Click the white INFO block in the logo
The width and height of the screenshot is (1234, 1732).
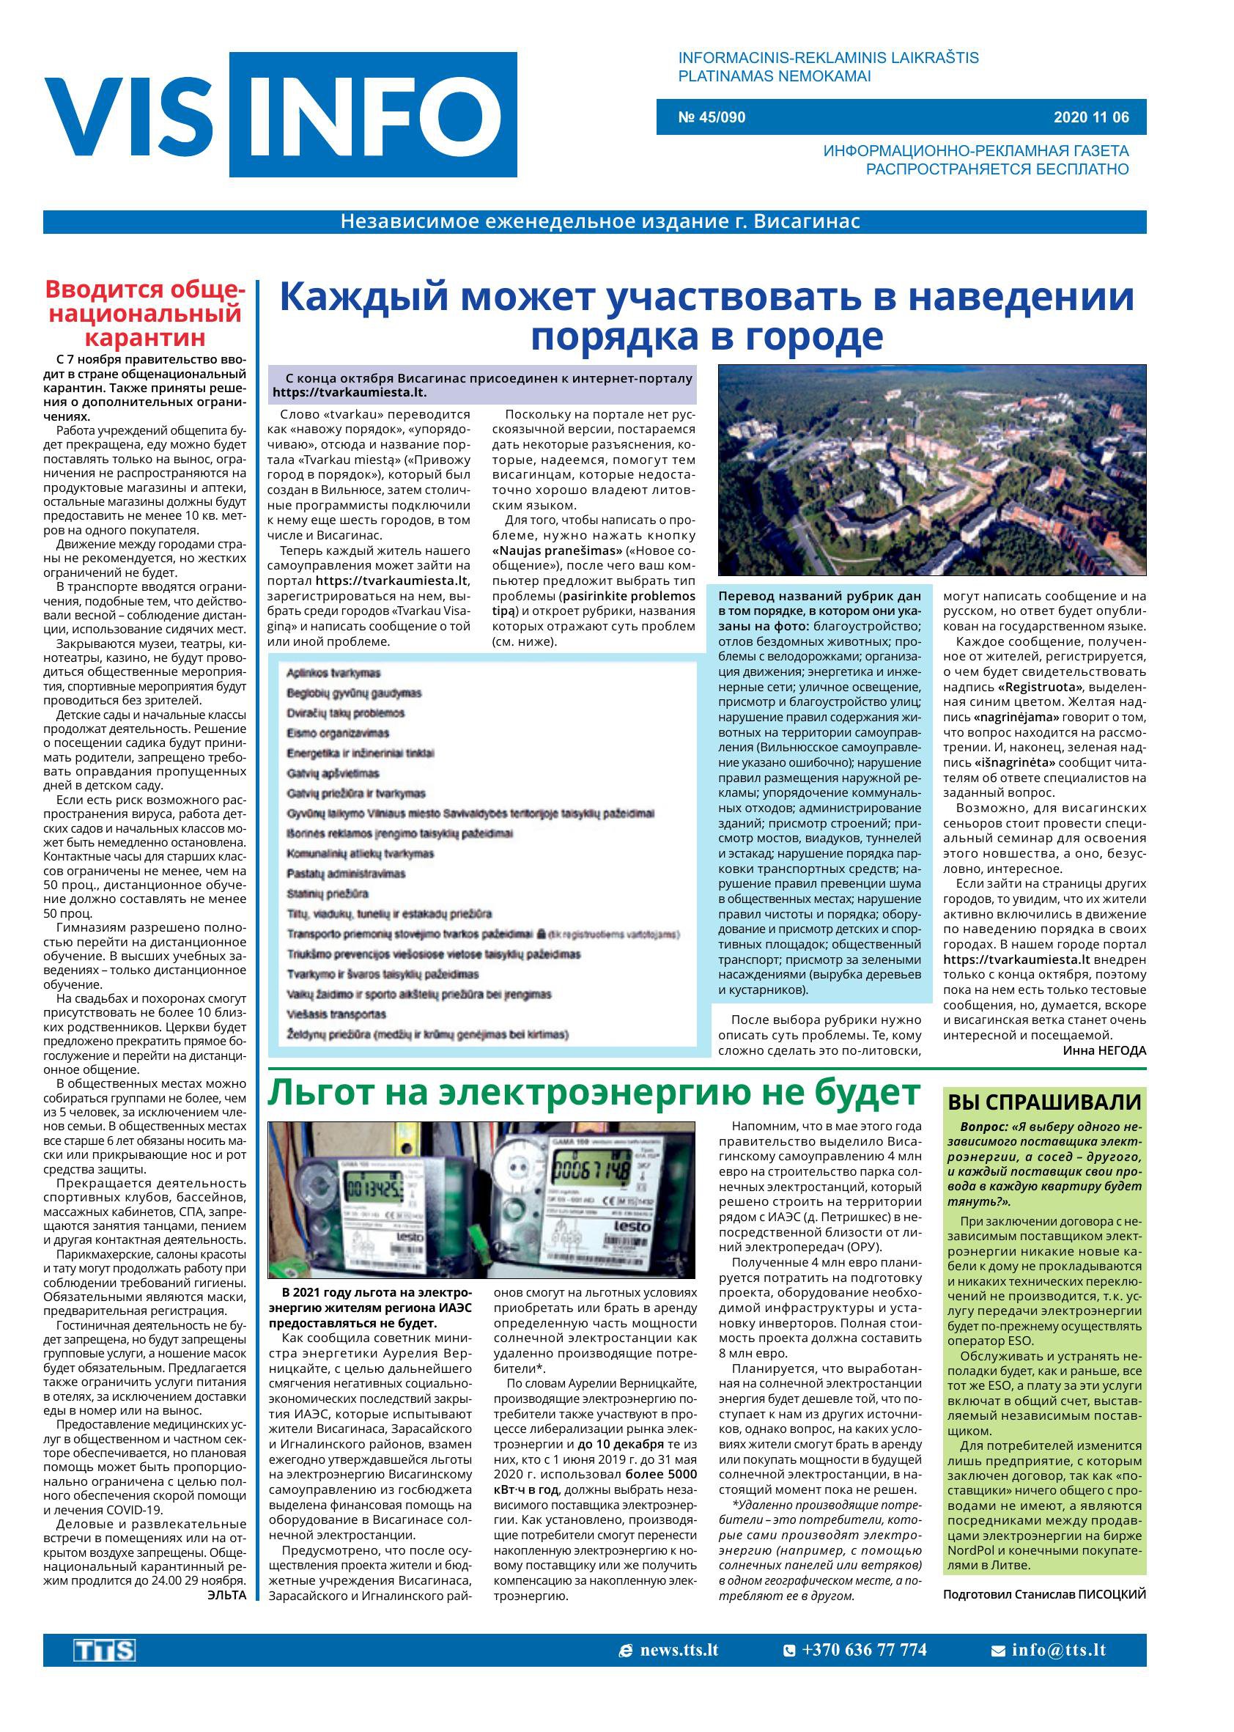pyautogui.click(x=372, y=115)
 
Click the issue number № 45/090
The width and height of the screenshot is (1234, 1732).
pyautogui.click(x=712, y=118)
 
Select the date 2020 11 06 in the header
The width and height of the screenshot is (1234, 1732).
pyautogui.click(x=1090, y=118)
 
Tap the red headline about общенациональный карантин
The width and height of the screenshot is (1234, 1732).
pyautogui.click(x=144, y=312)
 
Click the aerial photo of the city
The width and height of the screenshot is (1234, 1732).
pyautogui.click(x=931, y=470)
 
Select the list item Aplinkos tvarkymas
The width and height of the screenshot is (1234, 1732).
pyautogui.click(x=333, y=674)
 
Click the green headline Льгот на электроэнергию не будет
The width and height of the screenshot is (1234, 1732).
pyautogui.click(x=594, y=1093)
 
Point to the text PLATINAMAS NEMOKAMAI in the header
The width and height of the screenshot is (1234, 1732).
pyautogui.click(x=774, y=76)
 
